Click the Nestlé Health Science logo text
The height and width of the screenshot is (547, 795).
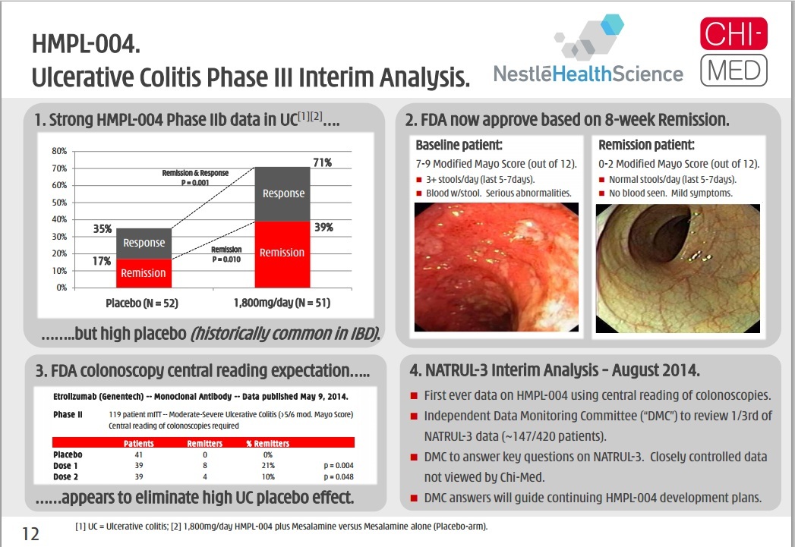click(588, 74)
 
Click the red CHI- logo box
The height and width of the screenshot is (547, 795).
click(733, 33)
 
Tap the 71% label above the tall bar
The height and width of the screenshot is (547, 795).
click(323, 162)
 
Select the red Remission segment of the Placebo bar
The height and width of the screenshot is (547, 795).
click(144, 273)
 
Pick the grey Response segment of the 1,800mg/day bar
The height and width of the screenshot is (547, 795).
click(282, 194)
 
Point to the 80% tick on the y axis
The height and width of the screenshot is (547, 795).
click(59, 151)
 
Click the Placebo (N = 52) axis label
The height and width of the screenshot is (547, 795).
click(142, 303)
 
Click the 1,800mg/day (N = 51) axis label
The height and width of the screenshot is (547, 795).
click(282, 303)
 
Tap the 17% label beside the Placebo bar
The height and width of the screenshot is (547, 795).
click(102, 261)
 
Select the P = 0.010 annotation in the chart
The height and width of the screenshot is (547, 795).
click(226, 259)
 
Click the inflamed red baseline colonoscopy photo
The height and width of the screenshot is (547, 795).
click(497, 267)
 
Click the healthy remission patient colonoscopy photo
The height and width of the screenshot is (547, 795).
click(678, 269)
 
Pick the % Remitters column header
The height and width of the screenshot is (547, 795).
click(268, 443)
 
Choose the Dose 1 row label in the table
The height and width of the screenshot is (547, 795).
click(65, 466)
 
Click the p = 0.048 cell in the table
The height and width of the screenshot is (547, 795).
click(338, 476)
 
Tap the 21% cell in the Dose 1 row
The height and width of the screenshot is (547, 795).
click(268, 466)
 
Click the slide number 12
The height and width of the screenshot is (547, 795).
click(30, 534)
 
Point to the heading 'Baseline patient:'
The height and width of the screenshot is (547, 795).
click(459, 146)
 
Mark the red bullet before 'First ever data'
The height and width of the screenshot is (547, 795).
click(414, 395)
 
